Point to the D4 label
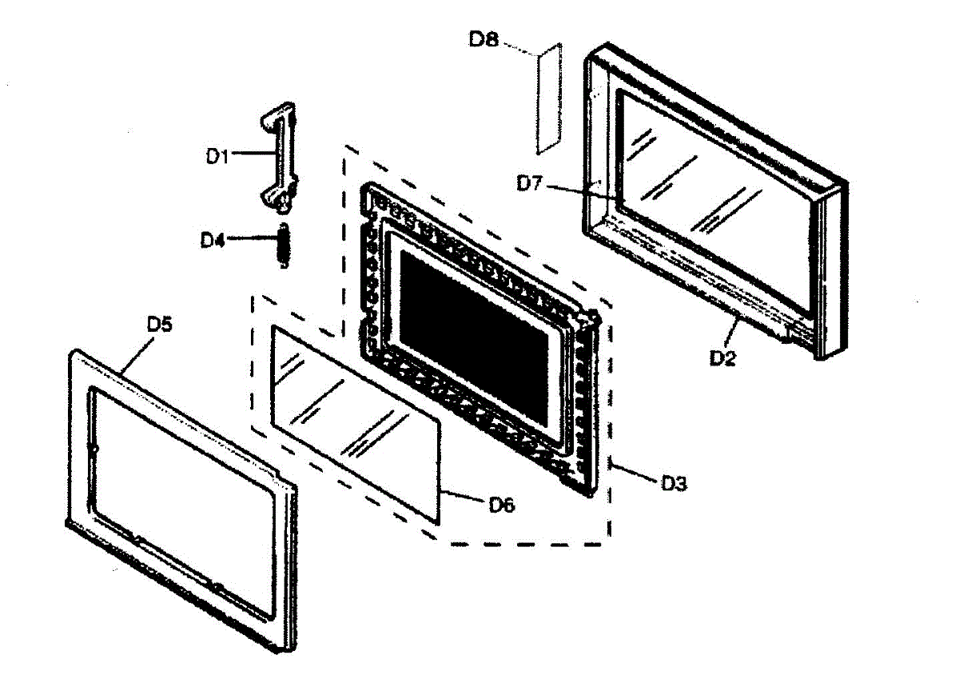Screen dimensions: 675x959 [213, 239]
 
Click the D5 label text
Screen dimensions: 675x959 [159, 325]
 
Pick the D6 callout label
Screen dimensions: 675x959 [502, 504]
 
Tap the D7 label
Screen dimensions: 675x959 [530, 184]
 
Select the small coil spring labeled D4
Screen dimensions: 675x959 [283, 246]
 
